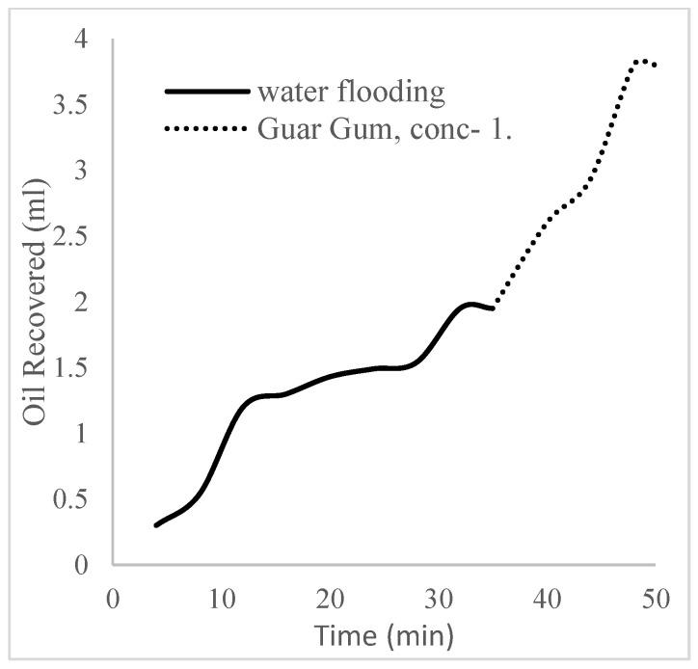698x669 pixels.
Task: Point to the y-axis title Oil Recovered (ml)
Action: (x=37, y=301)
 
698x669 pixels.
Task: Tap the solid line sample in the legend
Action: (x=207, y=93)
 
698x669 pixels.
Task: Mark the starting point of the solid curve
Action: (x=156, y=525)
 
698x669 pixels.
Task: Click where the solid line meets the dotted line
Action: (x=494, y=308)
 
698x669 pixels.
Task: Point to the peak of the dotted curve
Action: (x=640, y=61)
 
